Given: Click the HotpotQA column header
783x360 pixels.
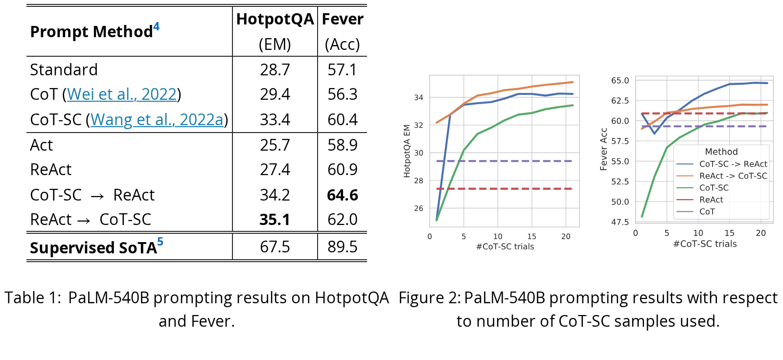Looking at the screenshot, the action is (275, 19).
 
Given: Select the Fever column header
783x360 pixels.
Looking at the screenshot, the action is (343, 19).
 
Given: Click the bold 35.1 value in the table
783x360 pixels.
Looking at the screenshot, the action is (275, 220).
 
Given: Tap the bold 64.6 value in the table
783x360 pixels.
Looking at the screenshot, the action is (343, 195).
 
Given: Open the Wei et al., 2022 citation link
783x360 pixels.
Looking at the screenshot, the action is (122, 94).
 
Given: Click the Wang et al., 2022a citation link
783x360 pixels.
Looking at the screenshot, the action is (157, 119).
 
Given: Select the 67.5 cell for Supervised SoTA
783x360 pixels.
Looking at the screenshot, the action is (275, 247).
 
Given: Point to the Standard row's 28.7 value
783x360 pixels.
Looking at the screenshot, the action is (275, 69).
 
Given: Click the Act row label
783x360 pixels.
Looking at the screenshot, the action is (41, 145).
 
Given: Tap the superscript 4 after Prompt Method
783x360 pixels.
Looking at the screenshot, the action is (156, 26).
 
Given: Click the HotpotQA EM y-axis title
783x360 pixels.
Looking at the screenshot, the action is (407, 151).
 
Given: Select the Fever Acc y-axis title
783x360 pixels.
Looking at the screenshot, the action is (603, 149).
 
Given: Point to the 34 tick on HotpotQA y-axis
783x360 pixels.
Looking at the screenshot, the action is (418, 97).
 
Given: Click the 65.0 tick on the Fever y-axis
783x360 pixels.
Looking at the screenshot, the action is (620, 80).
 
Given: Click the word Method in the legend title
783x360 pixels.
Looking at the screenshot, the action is (721, 152).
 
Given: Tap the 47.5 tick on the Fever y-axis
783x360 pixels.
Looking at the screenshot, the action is (620, 222).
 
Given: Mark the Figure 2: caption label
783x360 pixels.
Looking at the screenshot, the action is (430, 298).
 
